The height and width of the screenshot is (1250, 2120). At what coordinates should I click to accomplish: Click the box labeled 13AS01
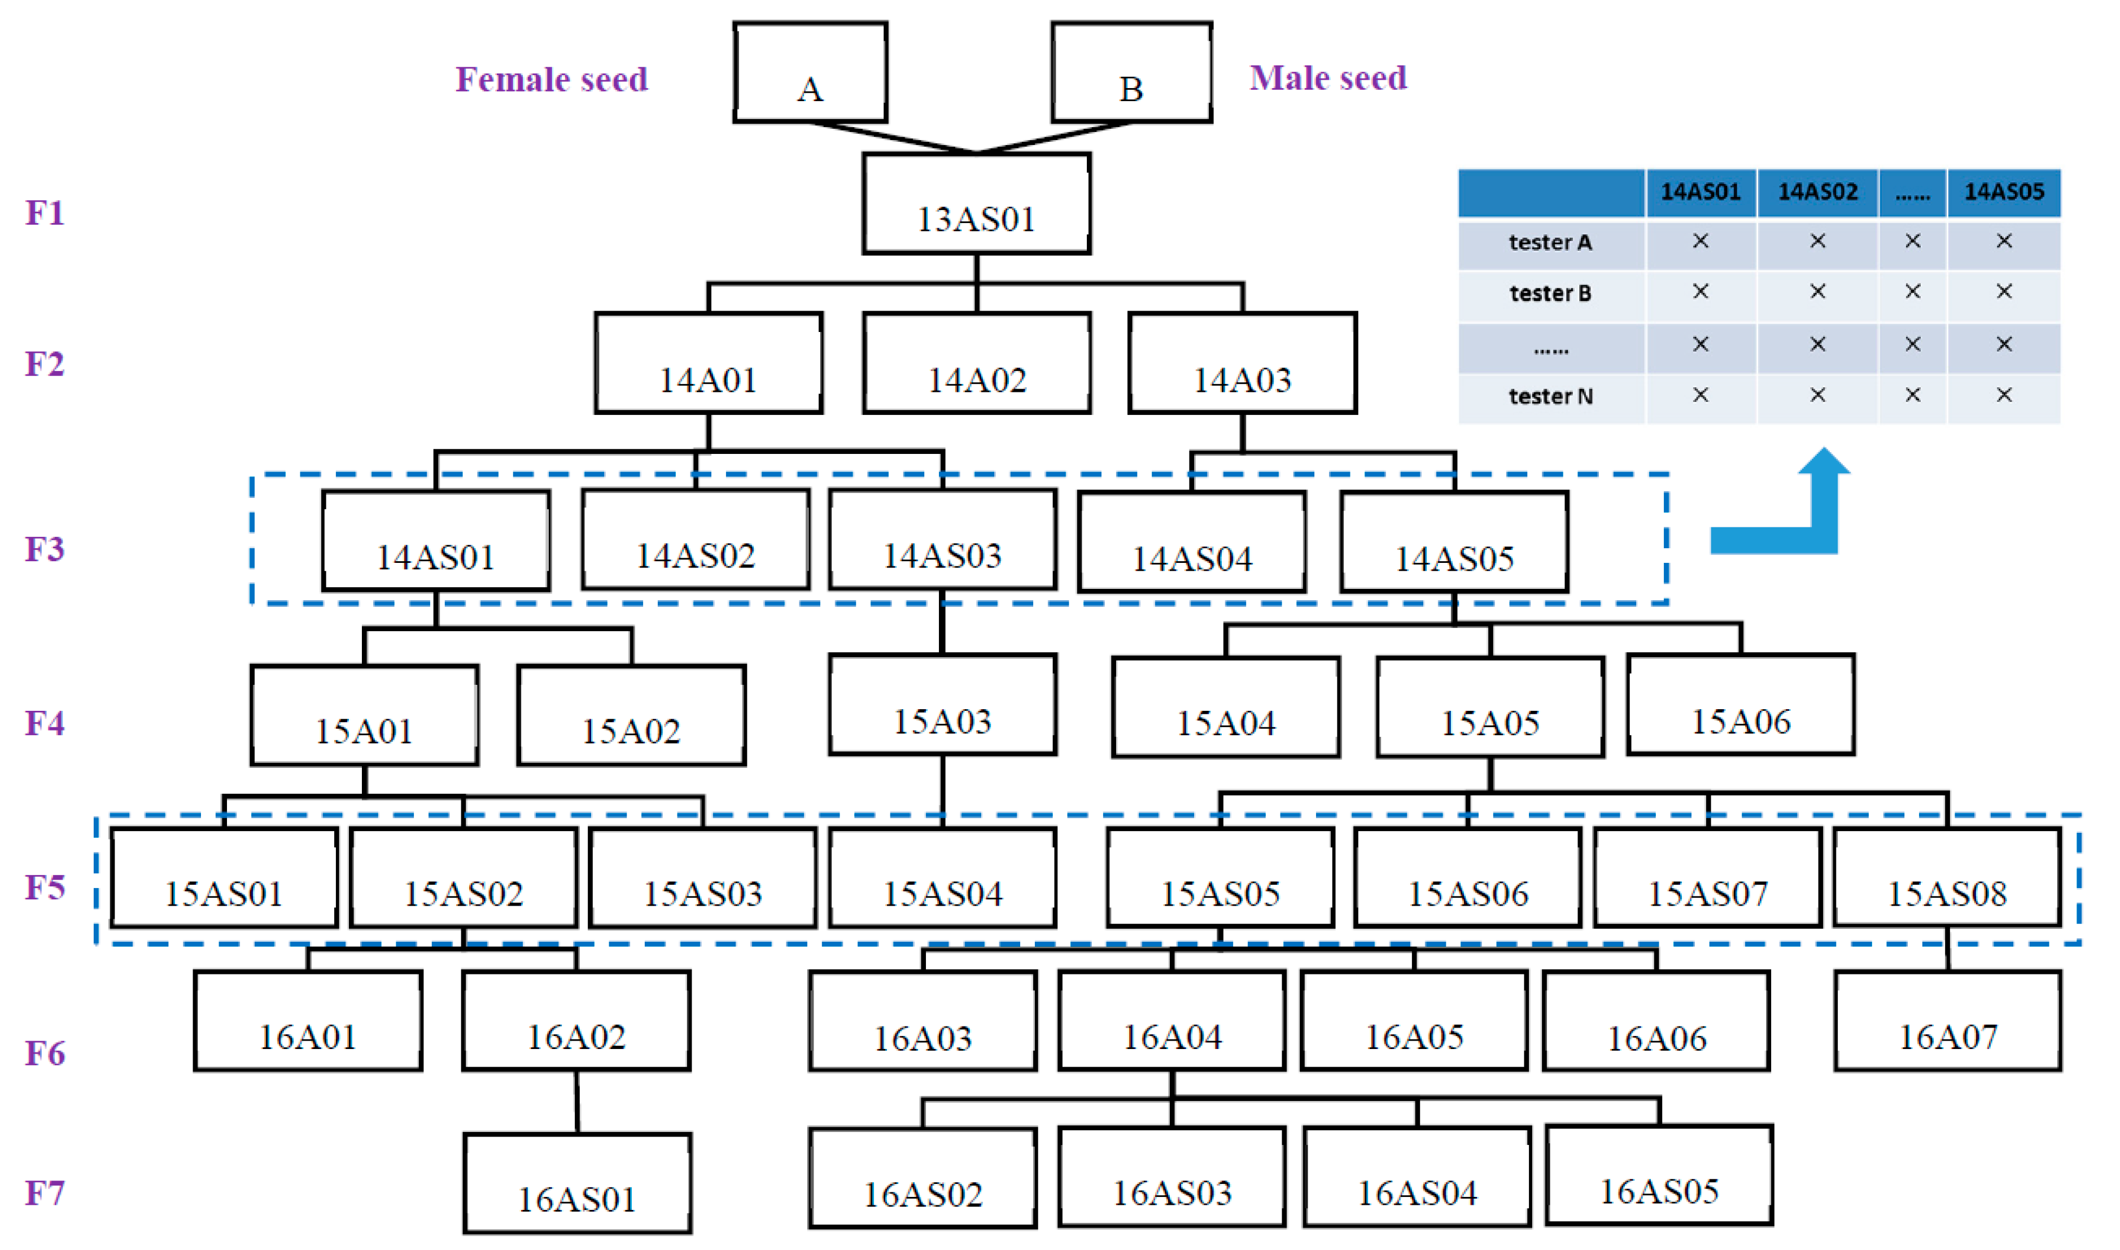coord(976,204)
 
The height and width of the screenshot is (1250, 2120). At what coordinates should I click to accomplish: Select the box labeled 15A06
coord(1741,706)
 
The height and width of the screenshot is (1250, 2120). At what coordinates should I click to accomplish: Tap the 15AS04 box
coord(942,879)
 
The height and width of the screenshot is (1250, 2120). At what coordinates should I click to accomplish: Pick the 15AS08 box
coord(1947,879)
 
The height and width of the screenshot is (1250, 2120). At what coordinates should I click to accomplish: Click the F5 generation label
coord(45,888)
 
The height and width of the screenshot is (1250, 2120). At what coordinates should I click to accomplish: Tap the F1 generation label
coord(45,213)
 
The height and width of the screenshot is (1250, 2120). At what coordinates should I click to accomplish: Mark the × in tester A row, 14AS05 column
coord(2004,242)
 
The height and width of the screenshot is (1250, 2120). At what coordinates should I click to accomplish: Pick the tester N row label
coord(1551,397)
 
